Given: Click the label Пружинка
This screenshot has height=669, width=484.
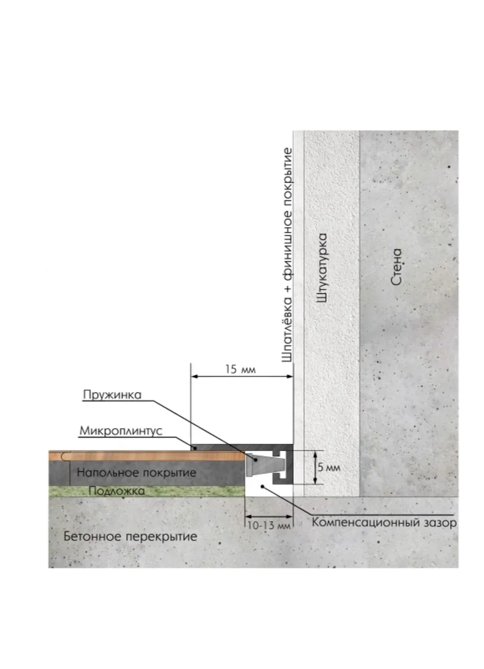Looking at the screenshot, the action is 112,395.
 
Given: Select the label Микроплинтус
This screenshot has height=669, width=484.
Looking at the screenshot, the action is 121,431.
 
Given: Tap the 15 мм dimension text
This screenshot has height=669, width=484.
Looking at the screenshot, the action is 240,370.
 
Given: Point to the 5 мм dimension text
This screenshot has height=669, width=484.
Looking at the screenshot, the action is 329,467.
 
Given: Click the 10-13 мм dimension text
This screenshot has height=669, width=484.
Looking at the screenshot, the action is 269,525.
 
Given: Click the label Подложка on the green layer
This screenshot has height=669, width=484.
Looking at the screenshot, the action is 117,491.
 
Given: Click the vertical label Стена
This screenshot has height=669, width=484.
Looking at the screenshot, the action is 396,267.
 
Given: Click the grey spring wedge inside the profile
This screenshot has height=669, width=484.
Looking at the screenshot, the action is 263,465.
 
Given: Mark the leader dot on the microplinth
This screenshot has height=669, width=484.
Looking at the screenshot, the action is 194,448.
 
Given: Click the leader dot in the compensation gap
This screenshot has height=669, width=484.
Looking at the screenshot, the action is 262,486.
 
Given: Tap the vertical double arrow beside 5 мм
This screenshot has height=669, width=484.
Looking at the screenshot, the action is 315,468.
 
